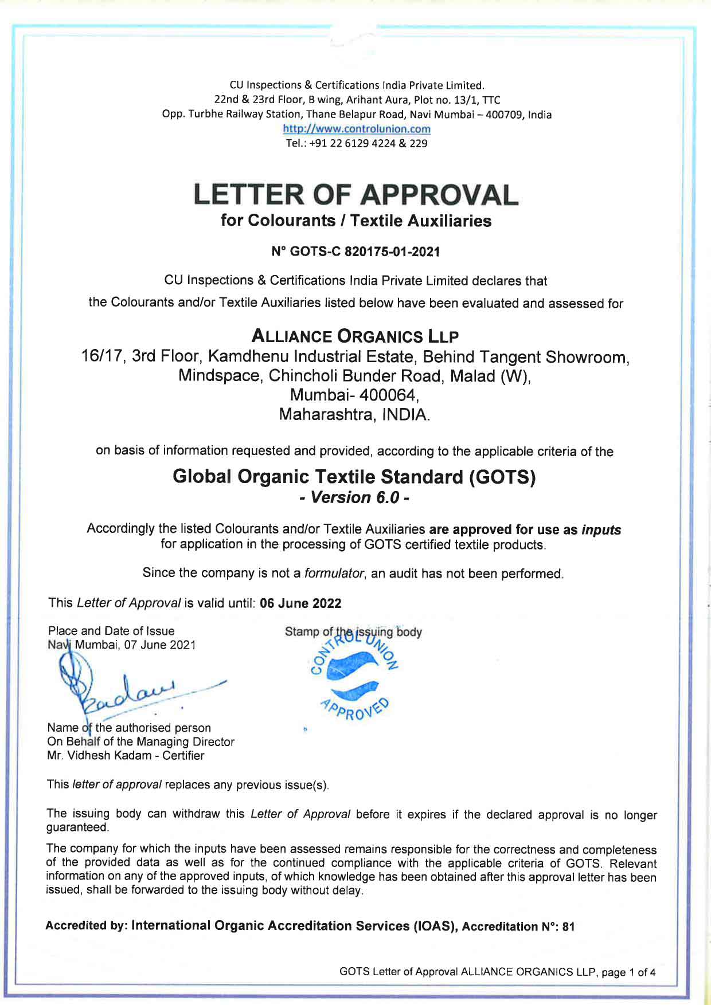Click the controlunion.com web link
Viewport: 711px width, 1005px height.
click(x=356, y=129)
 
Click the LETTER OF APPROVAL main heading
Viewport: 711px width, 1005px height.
click(x=355, y=195)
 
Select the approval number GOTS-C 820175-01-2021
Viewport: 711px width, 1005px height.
click(x=355, y=251)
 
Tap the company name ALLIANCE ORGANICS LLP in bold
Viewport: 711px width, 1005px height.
click(x=355, y=336)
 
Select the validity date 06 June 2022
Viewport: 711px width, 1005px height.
click(x=300, y=603)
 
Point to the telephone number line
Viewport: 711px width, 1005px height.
click(x=356, y=143)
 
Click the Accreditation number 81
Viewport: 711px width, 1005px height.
click(x=568, y=927)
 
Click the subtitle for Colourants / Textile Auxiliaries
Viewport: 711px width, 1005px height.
click(x=355, y=221)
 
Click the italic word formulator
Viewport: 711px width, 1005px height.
click(x=334, y=574)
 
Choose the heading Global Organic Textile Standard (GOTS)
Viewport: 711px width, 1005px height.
click(x=354, y=477)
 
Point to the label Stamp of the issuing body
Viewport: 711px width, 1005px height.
click(x=353, y=632)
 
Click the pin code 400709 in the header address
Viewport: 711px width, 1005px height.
click(x=503, y=115)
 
